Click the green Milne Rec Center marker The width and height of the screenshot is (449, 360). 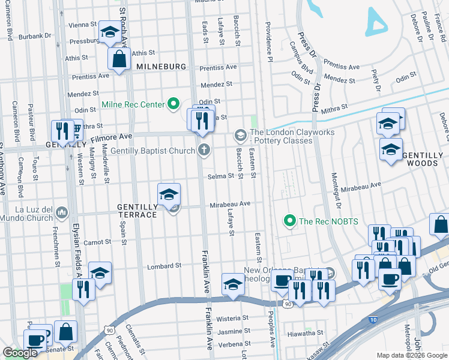pos(174,105)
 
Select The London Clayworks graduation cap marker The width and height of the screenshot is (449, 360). pos(241,134)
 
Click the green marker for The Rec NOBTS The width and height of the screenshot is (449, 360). pos(291,221)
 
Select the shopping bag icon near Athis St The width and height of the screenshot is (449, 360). pos(119,59)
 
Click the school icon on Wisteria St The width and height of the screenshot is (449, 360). pos(232,284)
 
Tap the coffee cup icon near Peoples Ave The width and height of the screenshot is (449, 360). pos(281,280)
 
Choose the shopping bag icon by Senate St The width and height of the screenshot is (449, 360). pos(65,331)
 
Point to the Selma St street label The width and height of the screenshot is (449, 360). pos(220,176)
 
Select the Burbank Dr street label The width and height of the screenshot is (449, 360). pos(35,36)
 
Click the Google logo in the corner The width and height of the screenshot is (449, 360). pos(20,353)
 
